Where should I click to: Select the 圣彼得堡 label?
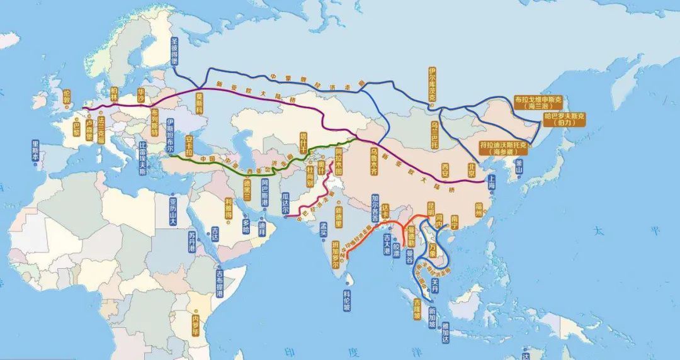(x=175, y=52)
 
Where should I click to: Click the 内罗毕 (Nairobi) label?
(x=195, y=325)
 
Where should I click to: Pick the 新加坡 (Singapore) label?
(x=432, y=317)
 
